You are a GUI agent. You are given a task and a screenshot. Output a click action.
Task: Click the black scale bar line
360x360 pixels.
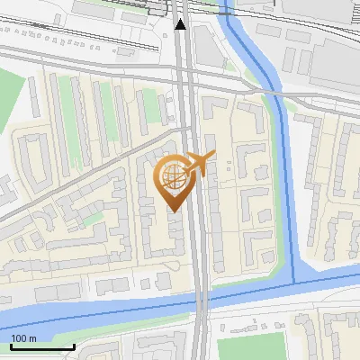(x=42, y=346)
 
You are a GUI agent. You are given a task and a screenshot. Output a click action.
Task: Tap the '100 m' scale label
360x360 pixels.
(x=24, y=338)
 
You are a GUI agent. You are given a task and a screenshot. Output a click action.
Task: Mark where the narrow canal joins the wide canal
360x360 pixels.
(x=296, y=283)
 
